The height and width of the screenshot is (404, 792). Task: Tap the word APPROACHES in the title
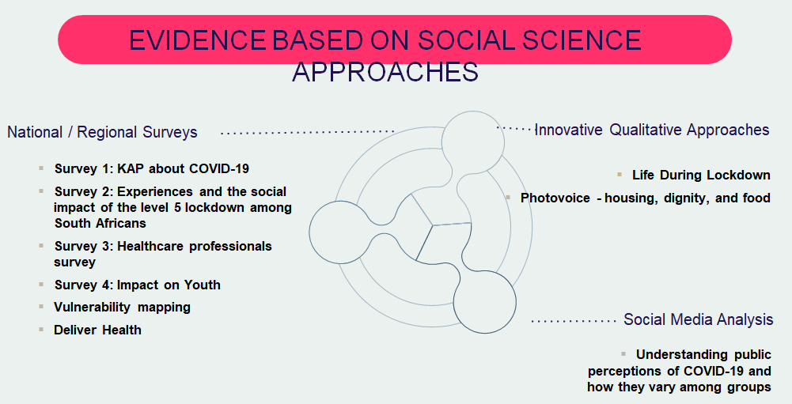coord(385,72)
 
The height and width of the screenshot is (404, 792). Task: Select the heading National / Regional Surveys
coord(102,132)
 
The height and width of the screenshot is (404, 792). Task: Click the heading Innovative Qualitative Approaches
coord(652,130)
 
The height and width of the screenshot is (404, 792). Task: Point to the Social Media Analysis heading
coord(698,319)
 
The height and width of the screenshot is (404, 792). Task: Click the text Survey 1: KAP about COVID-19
coord(152,168)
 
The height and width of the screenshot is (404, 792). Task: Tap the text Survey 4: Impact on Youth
coord(137,285)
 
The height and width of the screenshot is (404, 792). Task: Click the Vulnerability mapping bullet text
coord(122,307)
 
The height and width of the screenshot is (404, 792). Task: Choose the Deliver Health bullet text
coord(97,330)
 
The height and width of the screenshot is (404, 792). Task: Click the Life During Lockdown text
coord(701,175)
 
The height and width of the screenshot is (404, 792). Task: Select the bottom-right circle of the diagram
coord(484,300)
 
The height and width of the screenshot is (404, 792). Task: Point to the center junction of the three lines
coord(432,225)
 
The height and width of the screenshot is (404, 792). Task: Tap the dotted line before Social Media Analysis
coord(573,321)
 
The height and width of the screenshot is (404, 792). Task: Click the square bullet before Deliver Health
coord(40,329)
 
